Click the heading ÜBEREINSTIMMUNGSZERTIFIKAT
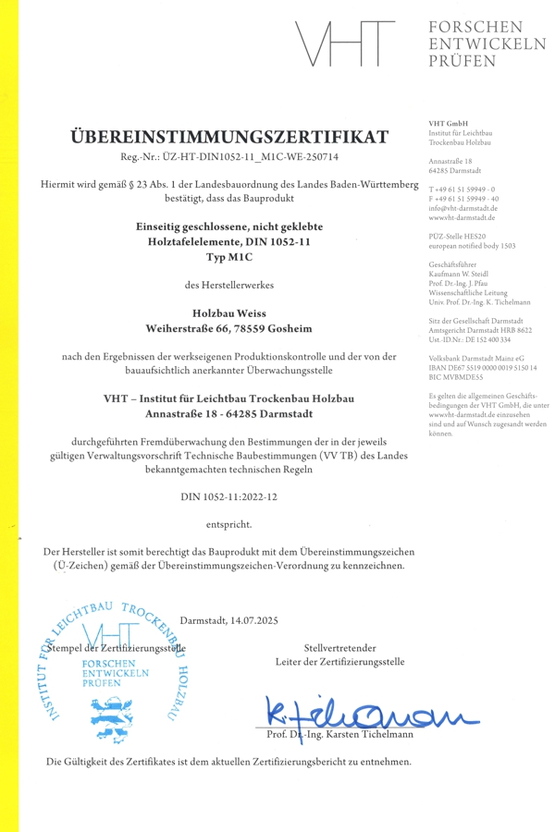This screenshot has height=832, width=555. [230, 137]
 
